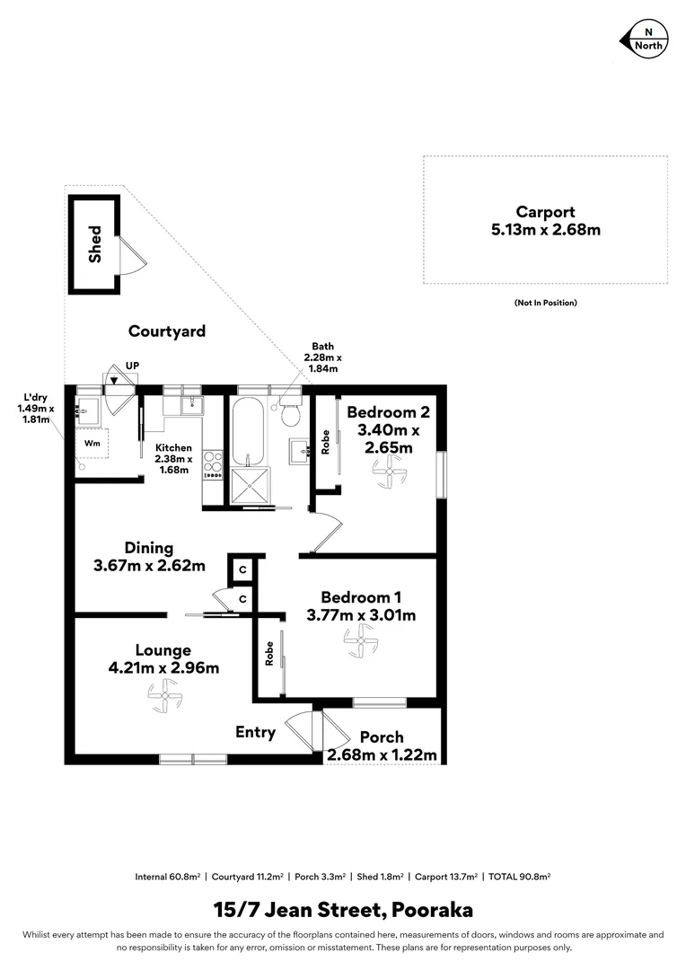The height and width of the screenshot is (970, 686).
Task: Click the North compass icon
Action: tap(643, 40)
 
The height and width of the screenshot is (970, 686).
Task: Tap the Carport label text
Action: tap(545, 212)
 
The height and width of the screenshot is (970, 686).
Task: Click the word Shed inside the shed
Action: tap(95, 243)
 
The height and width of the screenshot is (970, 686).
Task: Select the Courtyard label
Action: tap(167, 331)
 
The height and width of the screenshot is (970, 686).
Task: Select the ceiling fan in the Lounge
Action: tap(164, 692)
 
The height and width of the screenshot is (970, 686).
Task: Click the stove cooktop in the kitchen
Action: tap(214, 466)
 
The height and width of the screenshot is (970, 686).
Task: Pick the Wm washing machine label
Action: tap(92, 443)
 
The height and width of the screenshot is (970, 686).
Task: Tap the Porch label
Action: tap(382, 736)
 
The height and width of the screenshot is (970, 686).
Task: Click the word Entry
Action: tap(255, 732)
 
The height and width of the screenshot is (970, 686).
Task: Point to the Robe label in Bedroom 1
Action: tap(268, 653)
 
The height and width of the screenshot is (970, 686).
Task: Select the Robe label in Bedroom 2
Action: tap(326, 443)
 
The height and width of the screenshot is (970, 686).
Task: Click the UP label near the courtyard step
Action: tap(132, 365)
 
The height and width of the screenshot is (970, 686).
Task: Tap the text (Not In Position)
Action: tap(545, 303)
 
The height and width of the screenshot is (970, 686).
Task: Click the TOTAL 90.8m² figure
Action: tap(519, 876)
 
